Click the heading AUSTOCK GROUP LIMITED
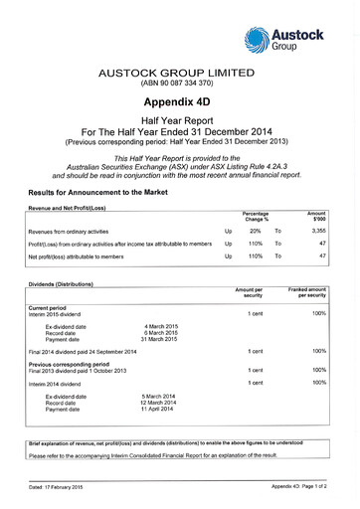[179, 74]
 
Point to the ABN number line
[179, 85]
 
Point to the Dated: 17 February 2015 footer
[57, 487]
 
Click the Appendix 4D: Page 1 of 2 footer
[304, 487]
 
